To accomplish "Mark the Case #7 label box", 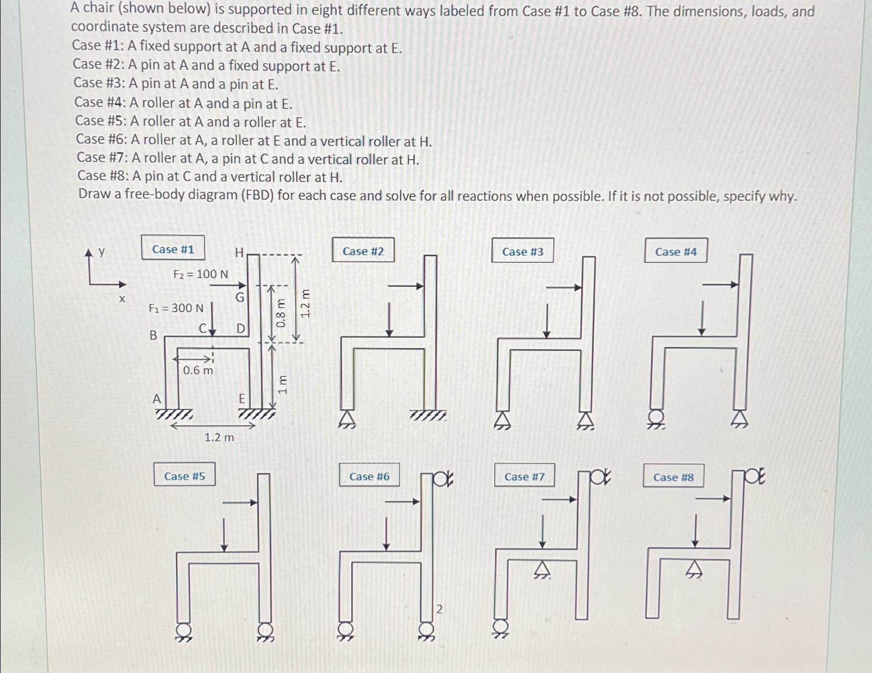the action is pos(524,475).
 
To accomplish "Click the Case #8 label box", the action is pos(674,476).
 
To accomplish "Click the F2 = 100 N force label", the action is pos(201,274).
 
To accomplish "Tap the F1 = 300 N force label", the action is pos(176,308).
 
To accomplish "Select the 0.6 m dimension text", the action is pos(198,370).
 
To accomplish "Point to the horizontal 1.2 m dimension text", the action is pos(219,438).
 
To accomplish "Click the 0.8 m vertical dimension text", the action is pos(280,313).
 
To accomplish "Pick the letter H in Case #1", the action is pos(239,253).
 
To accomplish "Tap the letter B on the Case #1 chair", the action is pos(153,335).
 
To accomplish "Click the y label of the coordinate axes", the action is pos(102,252).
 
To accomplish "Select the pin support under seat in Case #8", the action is pos(694,569).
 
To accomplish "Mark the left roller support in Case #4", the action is pos(656,418).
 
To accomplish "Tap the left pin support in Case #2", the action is pos(348,419).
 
